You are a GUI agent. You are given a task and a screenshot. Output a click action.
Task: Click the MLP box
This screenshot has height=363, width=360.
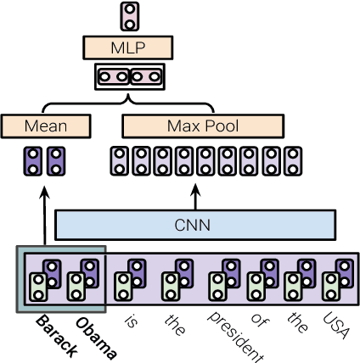[x=129, y=47]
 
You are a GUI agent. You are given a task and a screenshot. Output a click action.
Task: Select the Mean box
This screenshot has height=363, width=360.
[x=46, y=126]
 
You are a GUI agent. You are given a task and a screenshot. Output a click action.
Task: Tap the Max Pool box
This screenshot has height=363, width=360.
[x=203, y=126]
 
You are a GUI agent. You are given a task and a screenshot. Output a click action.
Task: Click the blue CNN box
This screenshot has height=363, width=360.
[x=196, y=226]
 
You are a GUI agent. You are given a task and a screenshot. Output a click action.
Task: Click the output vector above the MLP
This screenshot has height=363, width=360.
[x=129, y=15]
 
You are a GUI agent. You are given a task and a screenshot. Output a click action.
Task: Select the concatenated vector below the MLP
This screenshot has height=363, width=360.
[x=129, y=77]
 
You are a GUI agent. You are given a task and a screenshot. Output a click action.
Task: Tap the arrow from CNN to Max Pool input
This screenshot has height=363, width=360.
[x=196, y=194]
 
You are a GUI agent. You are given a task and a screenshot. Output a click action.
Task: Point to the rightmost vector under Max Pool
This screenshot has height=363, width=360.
[x=292, y=160]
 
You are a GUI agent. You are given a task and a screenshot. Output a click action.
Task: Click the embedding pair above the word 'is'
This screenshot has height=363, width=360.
[x=128, y=281]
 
